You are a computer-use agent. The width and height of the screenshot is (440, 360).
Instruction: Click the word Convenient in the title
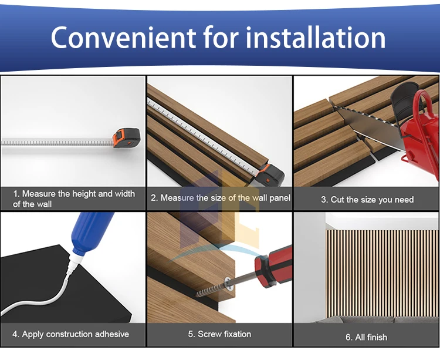tap(123, 38)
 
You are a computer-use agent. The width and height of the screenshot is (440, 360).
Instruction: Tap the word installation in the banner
tap(316, 38)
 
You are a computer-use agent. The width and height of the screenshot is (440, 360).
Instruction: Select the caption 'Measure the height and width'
tap(78, 194)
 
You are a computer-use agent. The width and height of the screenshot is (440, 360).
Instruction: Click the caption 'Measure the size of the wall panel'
tap(225, 198)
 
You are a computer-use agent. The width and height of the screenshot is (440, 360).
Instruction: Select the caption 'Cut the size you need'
tap(372, 200)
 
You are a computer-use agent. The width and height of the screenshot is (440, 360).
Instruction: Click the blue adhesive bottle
tap(90, 231)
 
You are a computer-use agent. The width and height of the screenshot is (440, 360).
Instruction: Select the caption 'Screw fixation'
tap(225, 334)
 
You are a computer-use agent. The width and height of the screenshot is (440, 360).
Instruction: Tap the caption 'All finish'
tap(371, 337)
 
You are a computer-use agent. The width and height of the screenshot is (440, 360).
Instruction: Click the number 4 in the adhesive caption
tap(15, 334)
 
